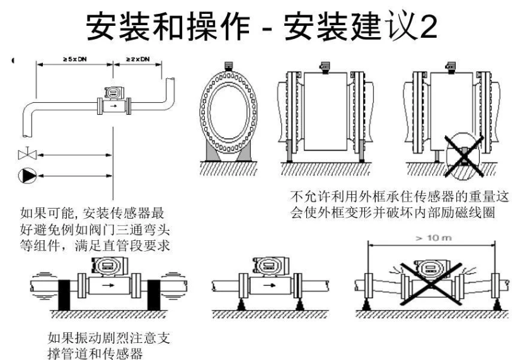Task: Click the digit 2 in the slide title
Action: [x=425, y=26]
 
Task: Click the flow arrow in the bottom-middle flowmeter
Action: [x=267, y=285]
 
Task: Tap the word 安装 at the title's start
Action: [x=108, y=26]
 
